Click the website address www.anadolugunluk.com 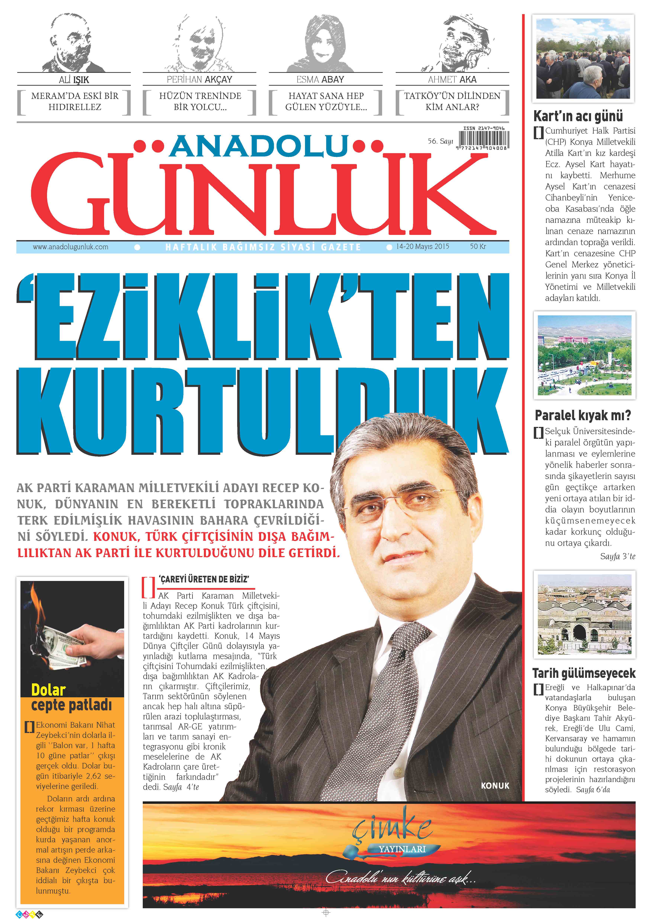coord(71,247)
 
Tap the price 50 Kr coord(478,247)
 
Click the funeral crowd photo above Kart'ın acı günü coord(583,59)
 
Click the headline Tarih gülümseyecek coord(584,673)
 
